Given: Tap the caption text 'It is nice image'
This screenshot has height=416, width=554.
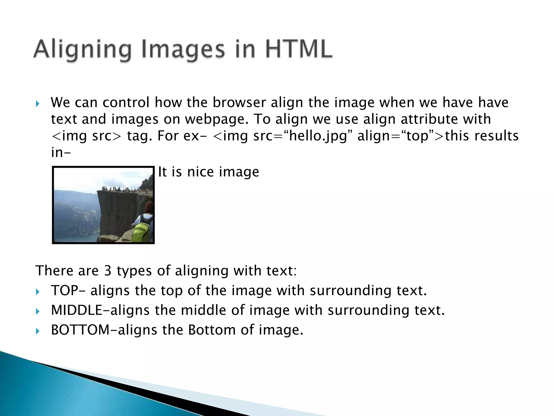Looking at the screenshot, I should pyautogui.click(x=208, y=172).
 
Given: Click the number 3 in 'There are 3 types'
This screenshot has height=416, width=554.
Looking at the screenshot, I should pyautogui.click(x=108, y=271).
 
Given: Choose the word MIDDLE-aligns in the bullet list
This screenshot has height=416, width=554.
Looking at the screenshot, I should pyautogui.click(x=100, y=310).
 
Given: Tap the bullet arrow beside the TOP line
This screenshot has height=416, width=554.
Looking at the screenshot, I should pyautogui.click(x=38, y=292).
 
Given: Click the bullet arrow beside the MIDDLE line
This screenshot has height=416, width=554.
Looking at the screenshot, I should pyautogui.click(x=38, y=311).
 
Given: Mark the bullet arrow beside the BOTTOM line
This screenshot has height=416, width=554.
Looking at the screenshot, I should pyautogui.click(x=38, y=331).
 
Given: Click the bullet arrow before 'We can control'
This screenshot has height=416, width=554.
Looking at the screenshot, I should pyautogui.click(x=38, y=104).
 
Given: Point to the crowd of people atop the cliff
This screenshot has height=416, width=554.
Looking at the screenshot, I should pyautogui.click(x=119, y=189).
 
